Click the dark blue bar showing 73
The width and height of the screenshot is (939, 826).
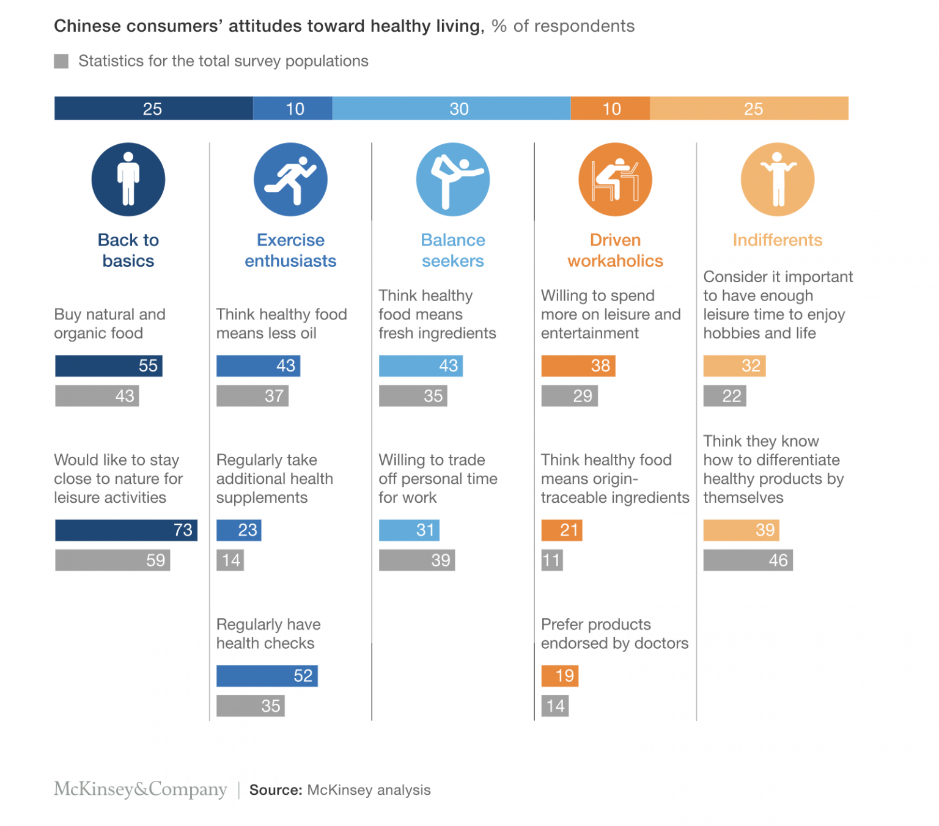point(126,530)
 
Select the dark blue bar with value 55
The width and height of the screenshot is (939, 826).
point(109,366)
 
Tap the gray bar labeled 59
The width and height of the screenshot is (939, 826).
point(112,560)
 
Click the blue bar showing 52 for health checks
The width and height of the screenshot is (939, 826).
point(267,676)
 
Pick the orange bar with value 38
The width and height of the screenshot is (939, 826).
point(578,366)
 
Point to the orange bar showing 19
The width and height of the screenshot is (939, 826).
point(559,676)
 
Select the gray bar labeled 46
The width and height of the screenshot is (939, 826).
point(748,560)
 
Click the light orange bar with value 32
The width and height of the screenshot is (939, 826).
point(734,366)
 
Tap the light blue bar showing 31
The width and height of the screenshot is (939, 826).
point(409,530)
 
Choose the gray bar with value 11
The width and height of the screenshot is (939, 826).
point(551,560)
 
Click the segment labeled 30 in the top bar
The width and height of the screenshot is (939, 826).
point(451,109)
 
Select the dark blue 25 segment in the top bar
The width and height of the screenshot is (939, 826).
point(153,109)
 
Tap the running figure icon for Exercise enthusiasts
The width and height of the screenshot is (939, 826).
point(290,180)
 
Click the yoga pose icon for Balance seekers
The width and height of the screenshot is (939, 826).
point(453,180)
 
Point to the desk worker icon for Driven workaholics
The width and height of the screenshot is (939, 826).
point(615,180)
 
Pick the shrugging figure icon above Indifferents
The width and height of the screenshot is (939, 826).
point(777,180)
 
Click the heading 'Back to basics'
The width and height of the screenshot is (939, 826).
point(128,250)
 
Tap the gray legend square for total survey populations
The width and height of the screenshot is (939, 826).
point(61,61)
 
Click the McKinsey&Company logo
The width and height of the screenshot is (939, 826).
point(140,789)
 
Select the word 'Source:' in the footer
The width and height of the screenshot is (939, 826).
point(276,790)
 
